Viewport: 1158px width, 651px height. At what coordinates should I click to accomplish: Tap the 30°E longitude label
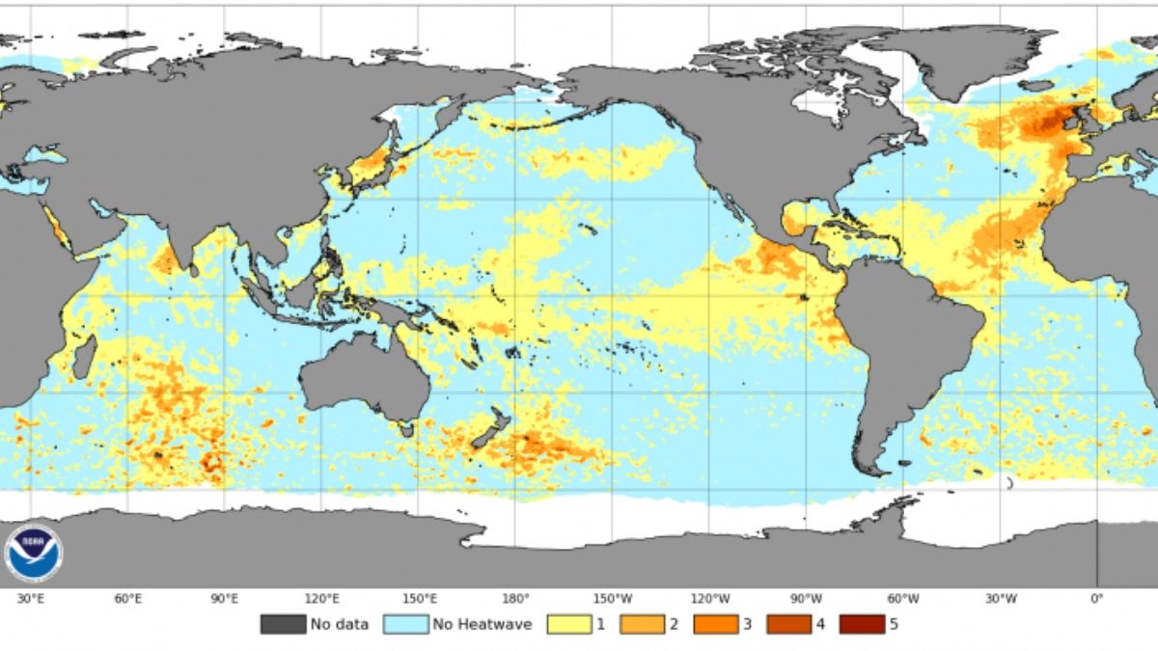[x=31, y=599]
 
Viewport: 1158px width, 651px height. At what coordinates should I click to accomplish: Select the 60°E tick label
[x=128, y=599]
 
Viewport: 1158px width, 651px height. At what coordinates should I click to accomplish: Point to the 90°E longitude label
[x=225, y=599]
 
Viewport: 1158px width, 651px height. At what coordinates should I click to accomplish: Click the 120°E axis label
[x=321, y=599]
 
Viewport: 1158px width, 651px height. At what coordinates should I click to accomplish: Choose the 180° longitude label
[x=515, y=599]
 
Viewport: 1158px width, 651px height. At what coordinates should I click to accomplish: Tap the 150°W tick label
[x=612, y=599]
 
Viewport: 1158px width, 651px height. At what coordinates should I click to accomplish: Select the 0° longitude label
[x=1096, y=599]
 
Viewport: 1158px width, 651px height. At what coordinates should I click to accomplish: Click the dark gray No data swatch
[x=282, y=624]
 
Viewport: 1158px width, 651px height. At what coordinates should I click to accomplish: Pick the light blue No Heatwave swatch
[x=405, y=624]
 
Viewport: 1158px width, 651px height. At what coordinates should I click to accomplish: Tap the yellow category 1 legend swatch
[x=569, y=624]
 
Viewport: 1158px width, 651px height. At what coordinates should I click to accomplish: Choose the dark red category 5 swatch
[x=861, y=624]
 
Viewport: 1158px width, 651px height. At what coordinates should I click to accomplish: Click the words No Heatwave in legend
[x=482, y=624]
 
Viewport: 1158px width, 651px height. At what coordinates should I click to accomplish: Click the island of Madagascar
[x=85, y=358]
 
